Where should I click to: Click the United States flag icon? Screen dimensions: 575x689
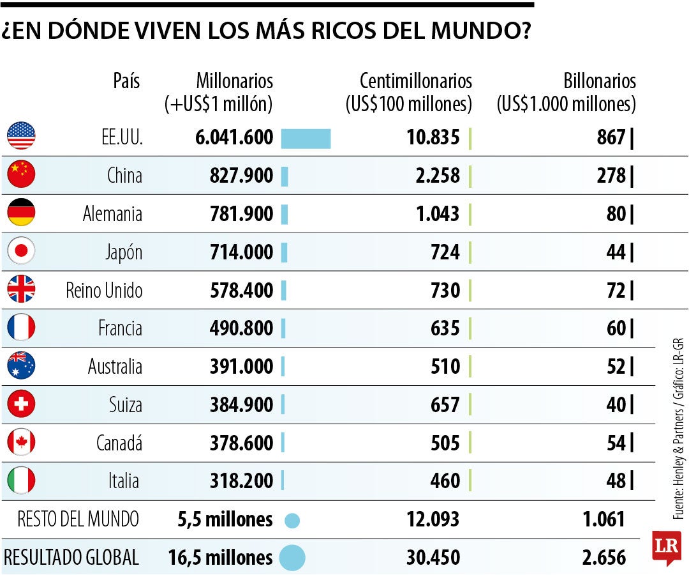tap(21, 135)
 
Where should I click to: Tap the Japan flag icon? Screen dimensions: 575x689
tap(21, 251)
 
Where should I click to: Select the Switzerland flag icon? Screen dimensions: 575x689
tap(21, 404)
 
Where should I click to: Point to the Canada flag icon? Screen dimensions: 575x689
tap(21, 442)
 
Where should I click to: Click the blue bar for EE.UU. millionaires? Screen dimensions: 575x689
tap(306, 138)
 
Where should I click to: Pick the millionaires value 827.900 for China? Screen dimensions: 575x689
tap(241, 176)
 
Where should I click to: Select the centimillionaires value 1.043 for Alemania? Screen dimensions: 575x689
tap(437, 214)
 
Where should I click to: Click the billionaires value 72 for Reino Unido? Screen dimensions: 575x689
tap(616, 291)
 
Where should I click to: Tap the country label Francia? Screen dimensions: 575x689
tap(120, 328)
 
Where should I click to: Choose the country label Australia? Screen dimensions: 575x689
tap(115, 367)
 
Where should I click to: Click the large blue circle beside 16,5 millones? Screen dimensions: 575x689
tap(292, 558)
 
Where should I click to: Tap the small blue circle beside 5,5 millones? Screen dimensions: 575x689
tap(292, 520)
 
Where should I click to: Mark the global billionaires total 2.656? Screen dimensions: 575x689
tap(604, 558)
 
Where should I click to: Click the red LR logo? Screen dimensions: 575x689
tap(667, 547)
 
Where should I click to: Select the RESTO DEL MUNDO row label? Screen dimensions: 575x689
tap(78, 519)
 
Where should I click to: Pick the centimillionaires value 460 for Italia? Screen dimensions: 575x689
tap(445, 481)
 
